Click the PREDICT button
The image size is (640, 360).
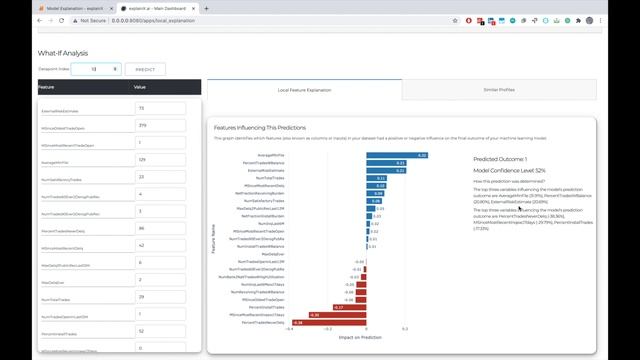pyautogui.click(x=145, y=69)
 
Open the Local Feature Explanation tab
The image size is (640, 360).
pyautogui.click(x=304, y=89)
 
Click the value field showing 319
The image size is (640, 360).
pyautogui.click(x=158, y=125)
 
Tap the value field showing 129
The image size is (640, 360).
pyautogui.click(x=158, y=159)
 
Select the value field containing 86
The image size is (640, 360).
pyautogui.click(x=158, y=228)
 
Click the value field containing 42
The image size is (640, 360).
pyautogui.click(x=158, y=245)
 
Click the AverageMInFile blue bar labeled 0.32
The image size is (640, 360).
pyautogui.click(x=397, y=155)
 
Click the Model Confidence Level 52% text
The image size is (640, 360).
pyautogui.click(x=509, y=171)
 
